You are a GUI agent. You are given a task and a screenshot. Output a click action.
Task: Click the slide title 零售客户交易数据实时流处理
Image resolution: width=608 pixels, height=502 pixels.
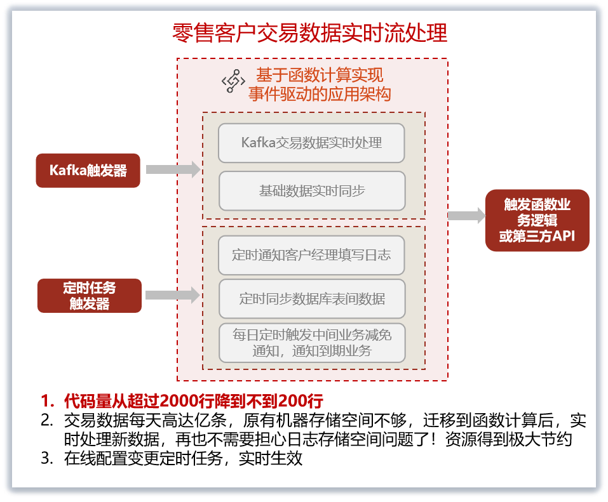tap(309, 32)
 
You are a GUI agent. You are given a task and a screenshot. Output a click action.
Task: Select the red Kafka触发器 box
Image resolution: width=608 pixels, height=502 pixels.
tap(88, 170)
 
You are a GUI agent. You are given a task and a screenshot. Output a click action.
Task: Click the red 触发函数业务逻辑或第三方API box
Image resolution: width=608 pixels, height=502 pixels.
tap(537, 220)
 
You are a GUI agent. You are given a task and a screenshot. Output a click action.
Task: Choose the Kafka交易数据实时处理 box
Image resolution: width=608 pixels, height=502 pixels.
tap(311, 142)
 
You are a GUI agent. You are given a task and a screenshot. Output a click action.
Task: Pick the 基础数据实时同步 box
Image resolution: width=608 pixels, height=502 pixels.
tap(311, 190)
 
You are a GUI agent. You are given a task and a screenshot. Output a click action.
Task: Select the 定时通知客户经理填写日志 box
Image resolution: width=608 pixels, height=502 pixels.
tap(311, 255)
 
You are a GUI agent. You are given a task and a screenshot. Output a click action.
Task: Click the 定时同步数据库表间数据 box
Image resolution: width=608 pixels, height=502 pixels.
tap(311, 298)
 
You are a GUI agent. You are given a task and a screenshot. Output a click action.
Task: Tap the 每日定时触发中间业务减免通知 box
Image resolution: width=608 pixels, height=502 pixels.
tap(311, 343)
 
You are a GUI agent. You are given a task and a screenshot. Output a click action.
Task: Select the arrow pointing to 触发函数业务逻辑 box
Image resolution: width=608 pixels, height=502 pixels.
tap(466, 216)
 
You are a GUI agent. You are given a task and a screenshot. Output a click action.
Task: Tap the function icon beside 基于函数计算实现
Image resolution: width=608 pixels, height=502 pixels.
tap(233, 82)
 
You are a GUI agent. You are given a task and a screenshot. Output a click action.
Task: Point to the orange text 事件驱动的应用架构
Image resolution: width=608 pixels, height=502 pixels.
tap(319, 95)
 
